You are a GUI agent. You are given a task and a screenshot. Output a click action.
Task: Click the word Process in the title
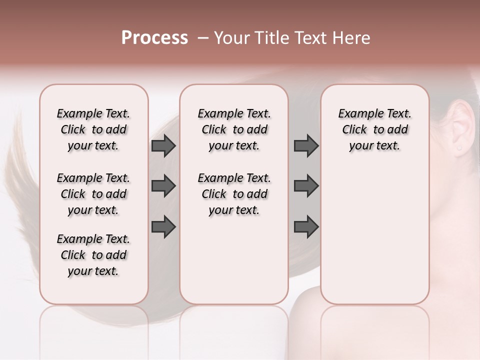pos(154,38)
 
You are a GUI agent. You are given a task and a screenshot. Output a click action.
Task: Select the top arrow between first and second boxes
pos(163,145)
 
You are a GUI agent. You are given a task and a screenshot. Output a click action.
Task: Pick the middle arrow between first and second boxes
pos(163,186)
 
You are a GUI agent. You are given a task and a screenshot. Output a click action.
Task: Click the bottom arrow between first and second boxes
pos(163,227)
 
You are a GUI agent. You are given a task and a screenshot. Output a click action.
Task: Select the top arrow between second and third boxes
pos(306,145)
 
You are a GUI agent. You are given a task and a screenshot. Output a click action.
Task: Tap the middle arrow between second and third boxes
pos(306,186)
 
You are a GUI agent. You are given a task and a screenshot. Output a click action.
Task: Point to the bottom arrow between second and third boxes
pos(306,227)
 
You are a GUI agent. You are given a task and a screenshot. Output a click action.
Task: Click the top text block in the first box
pos(93,129)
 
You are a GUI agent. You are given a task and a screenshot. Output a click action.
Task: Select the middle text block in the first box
pos(93,194)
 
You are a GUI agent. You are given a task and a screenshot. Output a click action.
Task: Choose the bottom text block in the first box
pos(93,255)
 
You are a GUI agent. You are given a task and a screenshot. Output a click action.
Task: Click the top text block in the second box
pos(234,129)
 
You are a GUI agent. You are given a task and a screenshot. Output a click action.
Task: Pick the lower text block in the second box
pos(234,194)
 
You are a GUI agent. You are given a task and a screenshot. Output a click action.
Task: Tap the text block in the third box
pos(375,129)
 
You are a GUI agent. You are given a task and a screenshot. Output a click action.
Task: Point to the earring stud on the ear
pos(459,148)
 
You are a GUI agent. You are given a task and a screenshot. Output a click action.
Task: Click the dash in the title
pos(203,38)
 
